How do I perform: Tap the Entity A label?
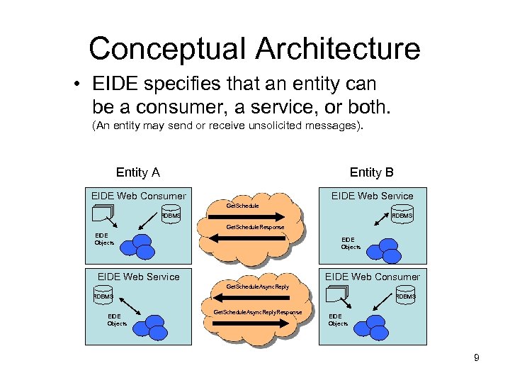click(137, 172)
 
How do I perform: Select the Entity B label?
click(371, 172)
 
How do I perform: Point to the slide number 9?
click(477, 358)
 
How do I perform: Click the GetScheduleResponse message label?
click(255, 227)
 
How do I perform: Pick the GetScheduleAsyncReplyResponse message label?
click(258, 312)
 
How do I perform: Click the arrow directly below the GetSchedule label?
click(255, 215)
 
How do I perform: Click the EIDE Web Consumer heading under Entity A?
click(139, 196)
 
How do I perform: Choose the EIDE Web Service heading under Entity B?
click(372, 196)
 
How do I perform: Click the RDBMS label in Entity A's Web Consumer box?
click(171, 216)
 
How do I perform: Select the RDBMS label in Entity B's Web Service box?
click(402, 216)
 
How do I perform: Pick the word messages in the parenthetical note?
click(333, 126)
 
